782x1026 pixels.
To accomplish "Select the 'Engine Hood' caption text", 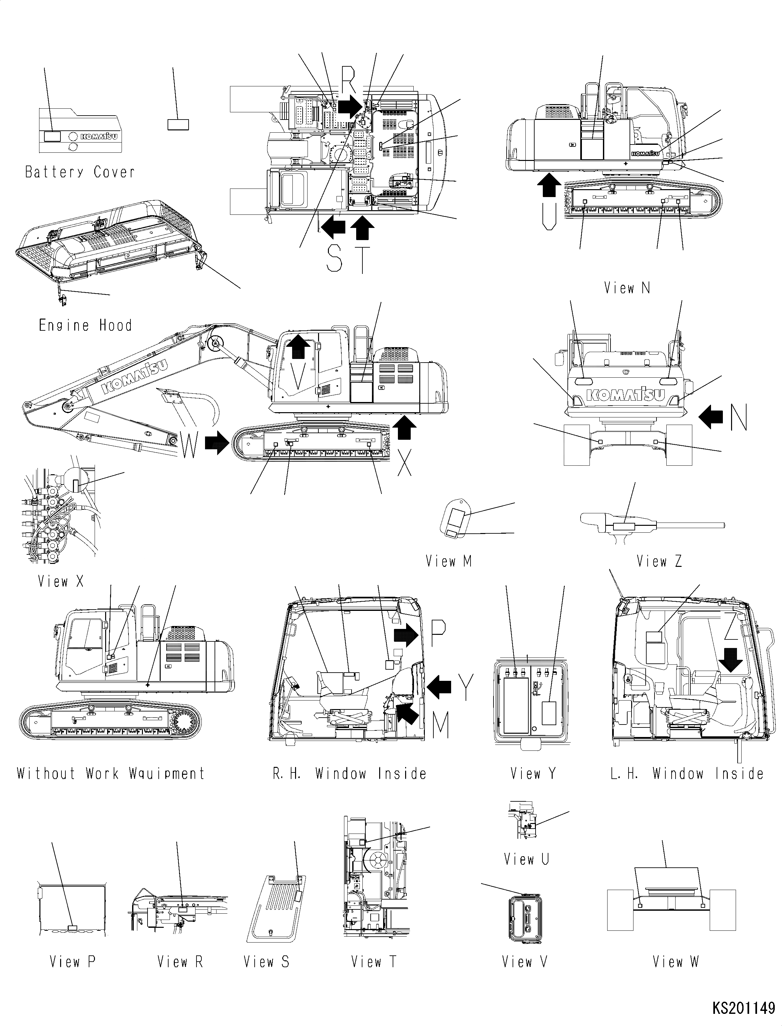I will [85, 325].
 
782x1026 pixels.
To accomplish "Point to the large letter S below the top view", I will [334, 259].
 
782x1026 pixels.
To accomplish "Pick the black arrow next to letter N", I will [711, 416].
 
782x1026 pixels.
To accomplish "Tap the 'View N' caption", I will [627, 288].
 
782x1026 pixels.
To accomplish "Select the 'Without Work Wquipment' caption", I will [111, 773].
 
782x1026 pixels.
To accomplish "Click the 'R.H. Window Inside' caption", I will [349, 773].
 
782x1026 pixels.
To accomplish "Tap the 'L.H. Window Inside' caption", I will [687, 773].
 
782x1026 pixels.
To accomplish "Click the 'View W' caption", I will [676, 961].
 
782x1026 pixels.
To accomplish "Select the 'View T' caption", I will [373, 961].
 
